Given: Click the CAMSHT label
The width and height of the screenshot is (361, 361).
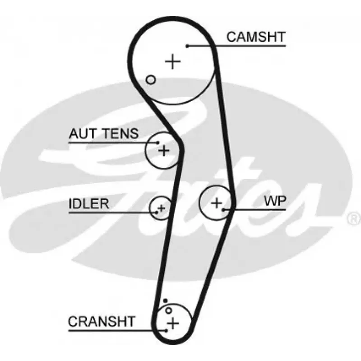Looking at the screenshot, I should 256,37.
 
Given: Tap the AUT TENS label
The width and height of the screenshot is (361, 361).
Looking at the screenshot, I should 104,134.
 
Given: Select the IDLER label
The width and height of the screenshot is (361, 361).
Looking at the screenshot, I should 88,203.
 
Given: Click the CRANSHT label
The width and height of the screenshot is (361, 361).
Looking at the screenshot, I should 102,321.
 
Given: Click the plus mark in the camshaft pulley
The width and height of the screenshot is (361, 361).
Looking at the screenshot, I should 172,61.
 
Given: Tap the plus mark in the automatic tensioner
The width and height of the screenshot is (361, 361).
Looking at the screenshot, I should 164,150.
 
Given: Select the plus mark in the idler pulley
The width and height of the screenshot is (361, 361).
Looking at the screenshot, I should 161,208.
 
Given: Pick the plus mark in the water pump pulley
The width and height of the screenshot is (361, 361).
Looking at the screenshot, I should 217,203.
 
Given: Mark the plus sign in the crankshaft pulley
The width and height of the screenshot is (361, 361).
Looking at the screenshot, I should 173,323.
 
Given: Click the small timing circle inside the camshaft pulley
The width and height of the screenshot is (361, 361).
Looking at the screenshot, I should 151,80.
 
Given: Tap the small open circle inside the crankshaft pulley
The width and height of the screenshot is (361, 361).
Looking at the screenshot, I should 169,310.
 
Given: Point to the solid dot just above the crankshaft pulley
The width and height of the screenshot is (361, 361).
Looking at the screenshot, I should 166,301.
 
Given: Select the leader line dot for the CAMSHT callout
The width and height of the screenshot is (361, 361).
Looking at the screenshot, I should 187,46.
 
